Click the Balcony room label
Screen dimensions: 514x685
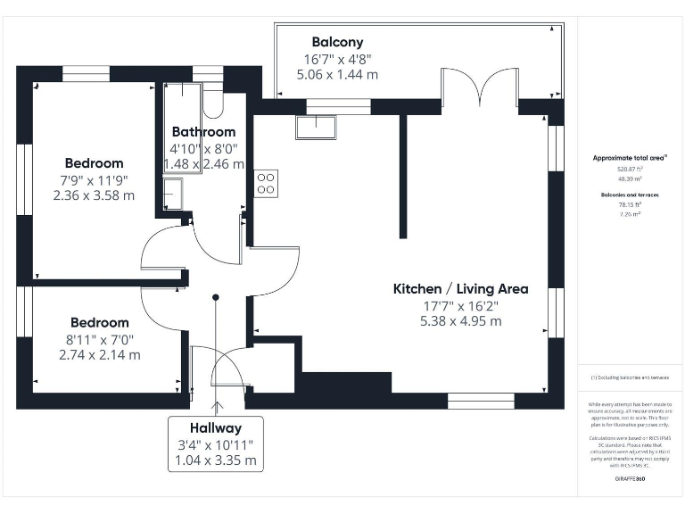coord(337,42)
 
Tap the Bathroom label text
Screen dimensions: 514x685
coord(203,131)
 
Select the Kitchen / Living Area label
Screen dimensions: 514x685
coord(460,288)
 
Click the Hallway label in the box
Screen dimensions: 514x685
coord(214,427)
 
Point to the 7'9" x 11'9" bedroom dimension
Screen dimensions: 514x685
coord(94,179)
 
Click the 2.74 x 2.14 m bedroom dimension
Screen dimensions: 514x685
coord(99,354)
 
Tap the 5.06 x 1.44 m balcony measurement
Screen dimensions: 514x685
coord(337,75)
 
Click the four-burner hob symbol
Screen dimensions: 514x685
coord(266,183)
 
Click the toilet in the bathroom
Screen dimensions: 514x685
coord(213,104)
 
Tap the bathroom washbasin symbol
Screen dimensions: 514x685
coord(173,193)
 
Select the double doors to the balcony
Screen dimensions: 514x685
coord(479,88)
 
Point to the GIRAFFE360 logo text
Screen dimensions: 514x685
coord(630,480)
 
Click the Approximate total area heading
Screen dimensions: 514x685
coord(630,158)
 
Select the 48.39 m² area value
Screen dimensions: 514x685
coord(630,178)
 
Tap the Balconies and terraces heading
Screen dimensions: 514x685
coord(630,193)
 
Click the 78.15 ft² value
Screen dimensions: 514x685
coord(630,204)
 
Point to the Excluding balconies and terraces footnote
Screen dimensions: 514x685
coord(630,377)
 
